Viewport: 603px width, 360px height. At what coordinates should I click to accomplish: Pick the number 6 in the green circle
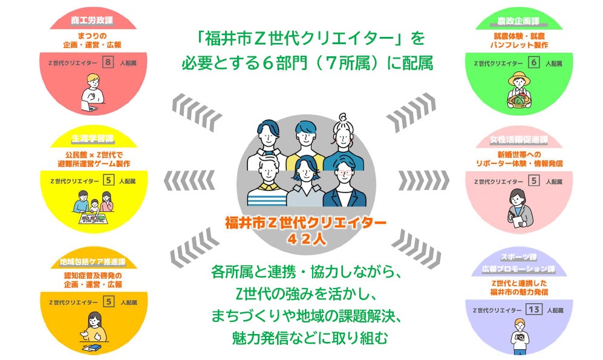point(534,62)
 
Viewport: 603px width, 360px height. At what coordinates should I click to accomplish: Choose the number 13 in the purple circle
point(533,310)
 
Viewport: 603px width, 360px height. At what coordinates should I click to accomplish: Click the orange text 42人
point(305,238)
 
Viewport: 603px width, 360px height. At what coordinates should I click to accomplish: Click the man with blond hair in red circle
point(92,91)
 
